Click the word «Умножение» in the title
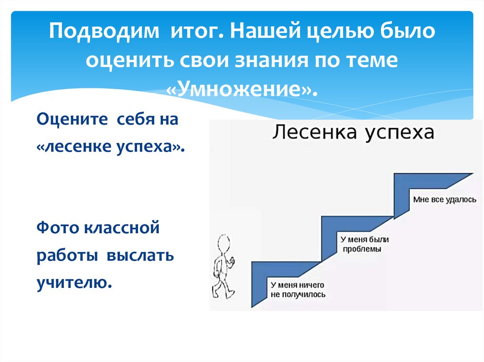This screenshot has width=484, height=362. tap(241, 88)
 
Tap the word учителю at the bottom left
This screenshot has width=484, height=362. tap(74, 283)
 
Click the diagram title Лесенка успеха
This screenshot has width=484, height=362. tap(352, 132)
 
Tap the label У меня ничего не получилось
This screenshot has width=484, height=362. tap(298, 289)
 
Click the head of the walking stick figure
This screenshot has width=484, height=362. tap(223, 244)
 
